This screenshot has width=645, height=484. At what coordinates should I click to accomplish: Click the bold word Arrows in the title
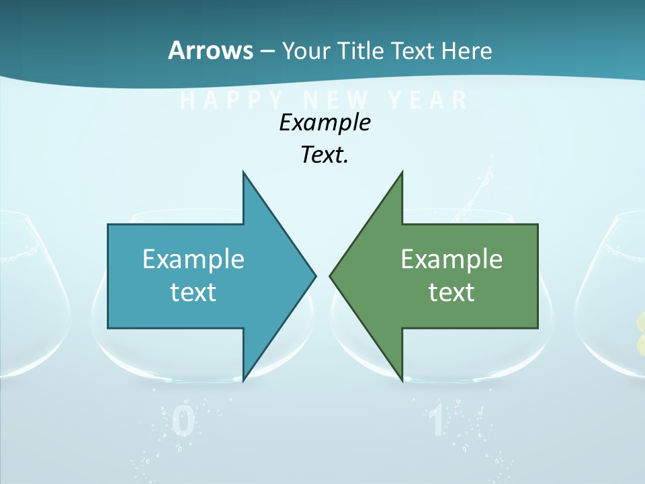pyautogui.click(x=211, y=50)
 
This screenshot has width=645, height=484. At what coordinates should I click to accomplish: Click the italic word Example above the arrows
pyautogui.click(x=325, y=122)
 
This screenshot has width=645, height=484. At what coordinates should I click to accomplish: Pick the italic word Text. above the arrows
pyautogui.click(x=325, y=155)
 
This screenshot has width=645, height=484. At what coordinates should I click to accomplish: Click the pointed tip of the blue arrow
pyautogui.click(x=315, y=275)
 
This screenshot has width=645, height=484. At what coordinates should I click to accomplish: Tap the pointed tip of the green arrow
pyautogui.click(x=330, y=275)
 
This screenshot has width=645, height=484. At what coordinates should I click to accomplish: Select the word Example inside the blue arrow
pyautogui.click(x=193, y=259)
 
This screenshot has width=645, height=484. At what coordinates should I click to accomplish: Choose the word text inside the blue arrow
pyautogui.click(x=193, y=292)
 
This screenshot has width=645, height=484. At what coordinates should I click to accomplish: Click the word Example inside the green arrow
pyautogui.click(x=451, y=259)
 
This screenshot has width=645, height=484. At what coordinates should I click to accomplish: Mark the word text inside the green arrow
pyautogui.click(x=451, y=292)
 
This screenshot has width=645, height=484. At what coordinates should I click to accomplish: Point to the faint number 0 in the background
pyautogui.click(x=183, y=422)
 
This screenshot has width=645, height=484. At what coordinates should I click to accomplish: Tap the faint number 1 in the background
pyautogui.click(x=437, y=422)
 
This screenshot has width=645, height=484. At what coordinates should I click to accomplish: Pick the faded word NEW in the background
pyautogui.click(x=336, y=100)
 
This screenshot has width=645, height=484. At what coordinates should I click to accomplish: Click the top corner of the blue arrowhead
pyautogui.click(x=243, y=172)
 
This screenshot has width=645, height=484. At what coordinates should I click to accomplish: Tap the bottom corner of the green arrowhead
pyautogui.click(x=402, y=380)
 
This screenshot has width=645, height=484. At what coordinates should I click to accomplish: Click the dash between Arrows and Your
pyautogui.click(x=267, y=51)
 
